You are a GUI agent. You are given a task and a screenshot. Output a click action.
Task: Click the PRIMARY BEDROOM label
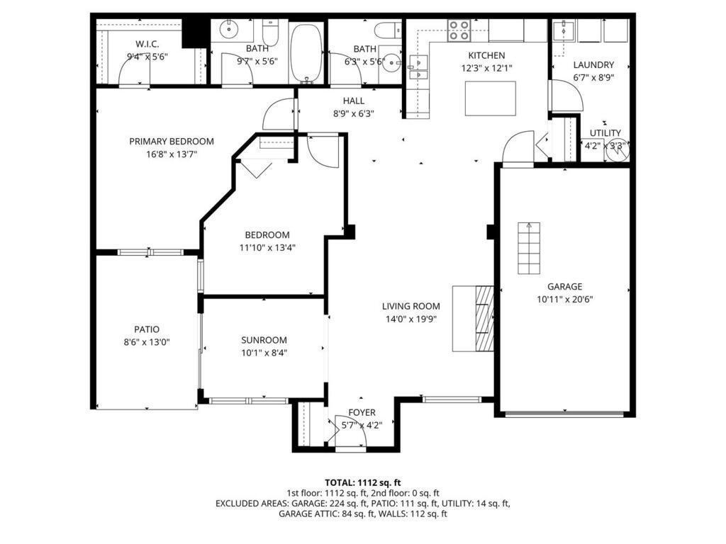point(171,141)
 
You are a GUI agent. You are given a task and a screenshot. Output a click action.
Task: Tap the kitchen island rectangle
point(491,98)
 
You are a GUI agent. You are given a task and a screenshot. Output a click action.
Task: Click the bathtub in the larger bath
point(306,52)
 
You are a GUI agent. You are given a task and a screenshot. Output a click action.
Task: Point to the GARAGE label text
point(564,286)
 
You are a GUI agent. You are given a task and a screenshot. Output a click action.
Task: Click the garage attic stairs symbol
point(528,248)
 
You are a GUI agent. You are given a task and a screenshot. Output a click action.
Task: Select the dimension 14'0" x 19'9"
point(411,319)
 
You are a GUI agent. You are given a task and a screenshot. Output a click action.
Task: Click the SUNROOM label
point(264,339)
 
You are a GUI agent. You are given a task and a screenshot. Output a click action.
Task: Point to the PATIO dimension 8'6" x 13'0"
point(147,341)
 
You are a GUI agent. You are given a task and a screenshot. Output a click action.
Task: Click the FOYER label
point(362,413)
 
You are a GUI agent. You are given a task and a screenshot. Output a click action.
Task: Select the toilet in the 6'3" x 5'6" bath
point(386,30)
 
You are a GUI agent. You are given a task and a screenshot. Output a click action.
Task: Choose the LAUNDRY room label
point(593,64)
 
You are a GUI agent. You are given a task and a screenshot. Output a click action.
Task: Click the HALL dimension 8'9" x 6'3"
point(353,113)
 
